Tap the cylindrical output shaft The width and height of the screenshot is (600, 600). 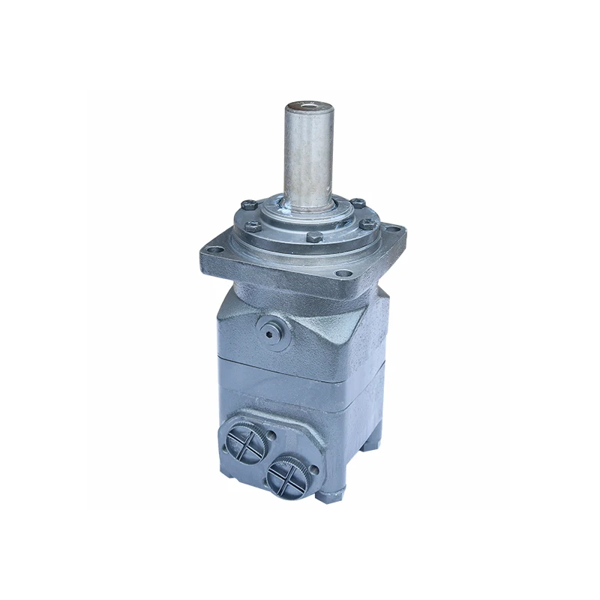pos(307,157)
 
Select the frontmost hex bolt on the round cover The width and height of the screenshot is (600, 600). pos(315,237)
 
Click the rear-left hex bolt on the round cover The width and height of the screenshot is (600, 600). pos(248,204)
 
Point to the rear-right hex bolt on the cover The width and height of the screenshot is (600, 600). pos(358,202)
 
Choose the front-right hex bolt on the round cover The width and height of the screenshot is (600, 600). pos(367,223)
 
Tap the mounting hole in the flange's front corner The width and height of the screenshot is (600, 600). pos(344,274)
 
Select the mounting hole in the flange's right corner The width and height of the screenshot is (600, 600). pos(393,228)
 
